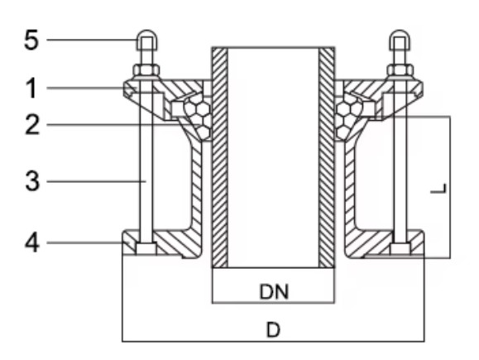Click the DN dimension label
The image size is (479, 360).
(273, 290)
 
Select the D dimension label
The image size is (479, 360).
(273, 330)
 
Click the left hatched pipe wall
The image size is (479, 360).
(219, 157)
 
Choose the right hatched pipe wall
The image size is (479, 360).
(328, 157)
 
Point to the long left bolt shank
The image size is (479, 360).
(145, 166)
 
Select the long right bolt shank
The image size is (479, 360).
(400, 166)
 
